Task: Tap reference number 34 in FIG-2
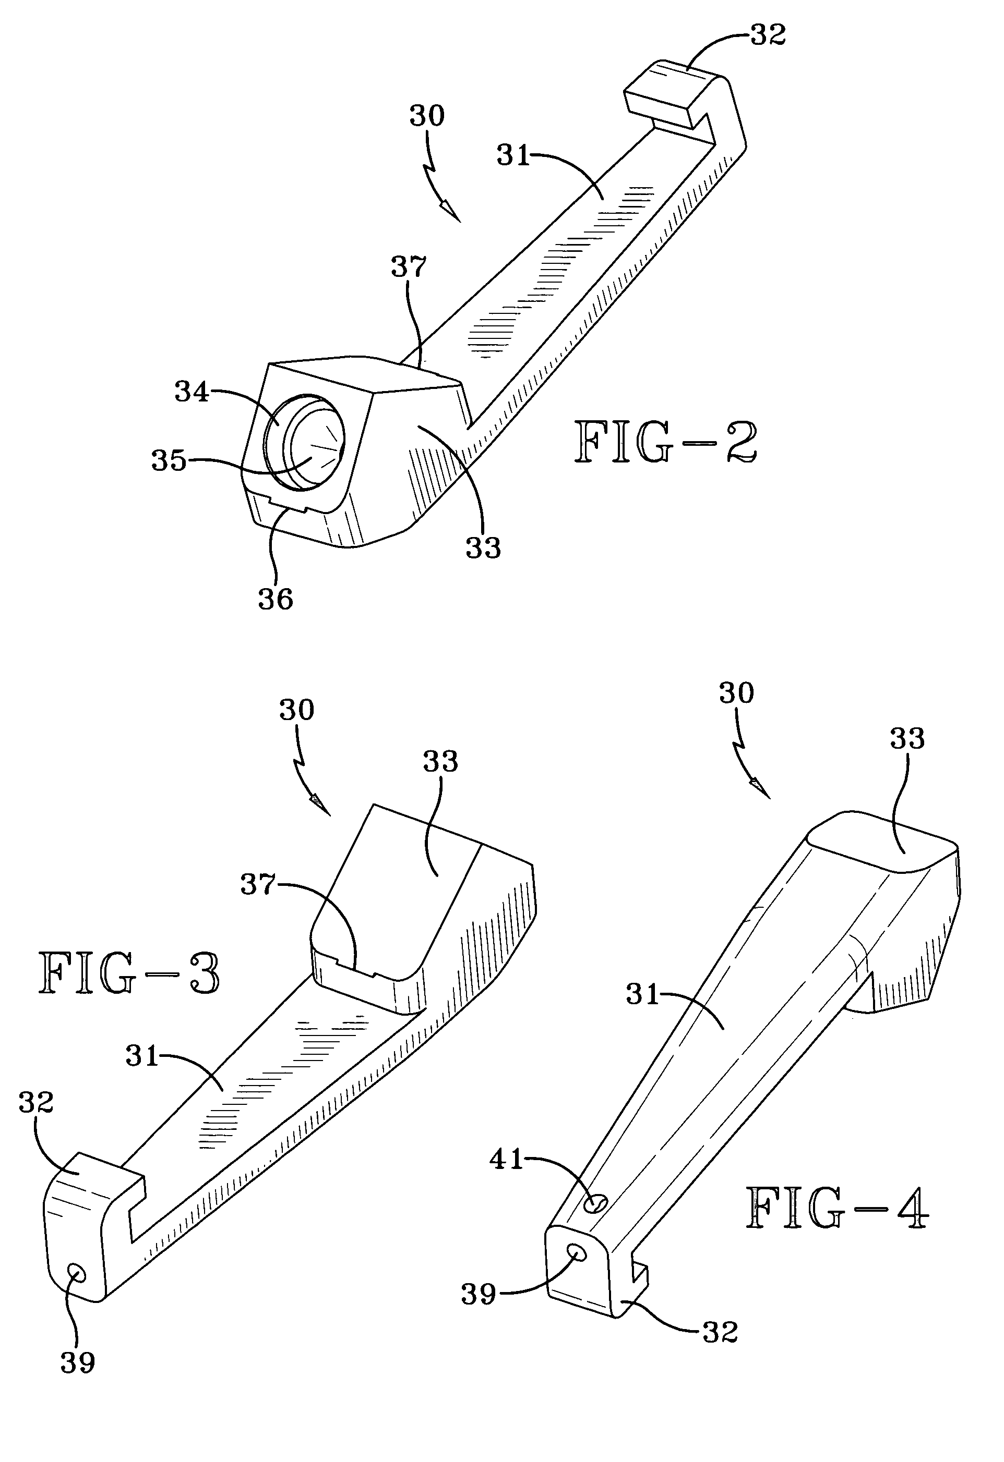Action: point(192,392)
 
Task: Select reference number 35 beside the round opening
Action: point(169,460)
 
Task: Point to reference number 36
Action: point(276,600)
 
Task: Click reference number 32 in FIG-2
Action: point(769,36)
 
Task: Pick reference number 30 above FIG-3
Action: point(296,710)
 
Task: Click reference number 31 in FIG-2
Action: point(513,155)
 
